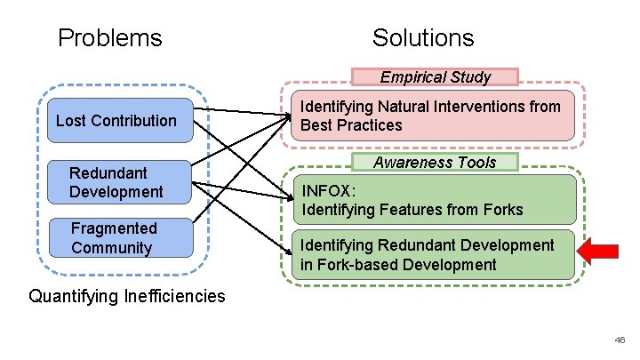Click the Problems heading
pyautogui.click(x=109, y=37)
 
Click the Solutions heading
pyautogui.click(x=423, y=37)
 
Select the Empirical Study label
pyautogui.click(x=435, y=77)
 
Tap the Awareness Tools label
pyautogui.click(x=435, y=162)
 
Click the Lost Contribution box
pyautogui.click(x=116, y=121)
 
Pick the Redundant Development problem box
pyautogui.click(x=116, y=182)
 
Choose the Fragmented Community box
pyautogui.click(x=116, y=238)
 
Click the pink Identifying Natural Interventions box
pyautogui.click(x=431, y=116)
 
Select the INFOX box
pyautogui.click(x=432, y=200)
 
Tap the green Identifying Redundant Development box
pyautogui.click(x=432, y=255)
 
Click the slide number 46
pyautogui.click(x=619, y=340)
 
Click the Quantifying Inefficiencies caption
pyautogui.click(x=127, y=296)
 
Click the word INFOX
pyautogui.click(x=329, y=191)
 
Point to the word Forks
pyautogui.click(x=500, y=211)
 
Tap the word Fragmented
pyautogui.click(x=114, y=228)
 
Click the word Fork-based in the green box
pyautogui.click(x=356, y=265)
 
